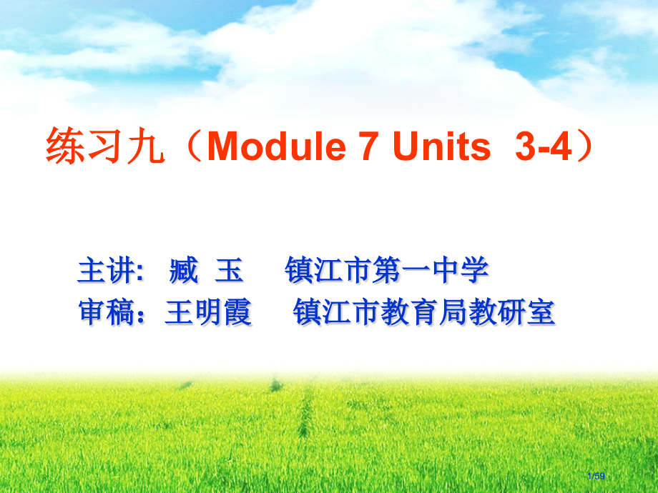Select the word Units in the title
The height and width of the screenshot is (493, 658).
tap(441, 148)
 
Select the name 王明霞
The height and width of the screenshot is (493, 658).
tap(208, 313)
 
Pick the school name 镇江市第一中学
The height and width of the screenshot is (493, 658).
tap(387, 272)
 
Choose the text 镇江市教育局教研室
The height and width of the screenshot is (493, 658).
tap(423, 313)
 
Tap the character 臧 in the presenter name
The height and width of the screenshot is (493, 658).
tap(184, 272)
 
